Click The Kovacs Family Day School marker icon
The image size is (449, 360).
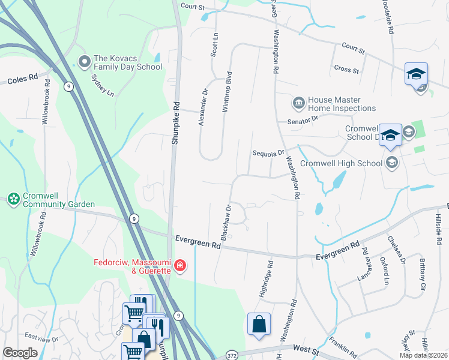[x=85, y=61]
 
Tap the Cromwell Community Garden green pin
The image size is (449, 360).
[x=13, y=198]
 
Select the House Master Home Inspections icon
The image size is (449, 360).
[x=298, y=104]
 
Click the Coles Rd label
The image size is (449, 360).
[x=22, y=79]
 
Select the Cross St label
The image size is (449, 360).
[x=346, y=70]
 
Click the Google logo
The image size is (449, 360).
[x=20, y=353]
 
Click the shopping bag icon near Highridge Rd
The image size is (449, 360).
[x=259, y=324]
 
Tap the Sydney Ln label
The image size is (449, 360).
[x=101, y=85]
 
